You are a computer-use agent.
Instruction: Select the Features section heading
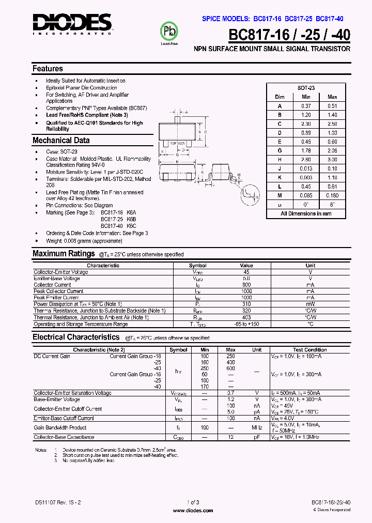[48, 68]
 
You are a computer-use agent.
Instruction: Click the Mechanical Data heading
[61, 140]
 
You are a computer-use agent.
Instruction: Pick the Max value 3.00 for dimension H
[332, 160]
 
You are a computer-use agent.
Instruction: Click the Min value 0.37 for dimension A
[306, 106]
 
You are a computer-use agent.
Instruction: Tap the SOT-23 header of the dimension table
[306, 88]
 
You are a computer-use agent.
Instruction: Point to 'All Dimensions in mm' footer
[306, 213]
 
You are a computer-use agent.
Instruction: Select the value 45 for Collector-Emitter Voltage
[246, 272]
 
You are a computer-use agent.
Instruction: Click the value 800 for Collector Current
[246, 285]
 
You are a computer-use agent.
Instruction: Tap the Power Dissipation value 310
[246, 304]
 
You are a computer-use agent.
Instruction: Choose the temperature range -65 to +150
[246, 324]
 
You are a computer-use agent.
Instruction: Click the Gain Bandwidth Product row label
[60, 427]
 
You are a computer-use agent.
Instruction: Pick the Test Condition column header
[309, 350]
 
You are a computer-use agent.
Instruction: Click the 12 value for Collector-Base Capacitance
[230, 437]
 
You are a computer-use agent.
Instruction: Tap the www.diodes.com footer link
[193, 510]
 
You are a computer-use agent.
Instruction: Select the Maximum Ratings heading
[63, 253]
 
